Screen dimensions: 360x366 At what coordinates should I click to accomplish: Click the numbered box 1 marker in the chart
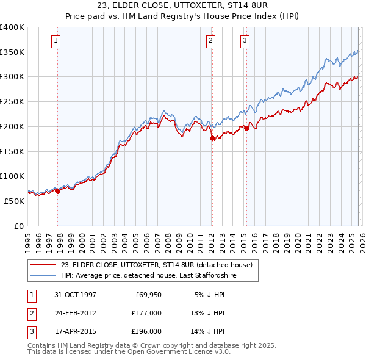(x=56, y=41)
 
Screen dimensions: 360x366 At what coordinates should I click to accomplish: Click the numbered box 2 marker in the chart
(x=210, y=41)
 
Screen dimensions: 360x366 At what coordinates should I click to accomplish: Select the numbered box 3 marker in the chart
(x=245, y=41)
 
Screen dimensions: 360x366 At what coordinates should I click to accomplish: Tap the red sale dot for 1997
(x=58, y=191)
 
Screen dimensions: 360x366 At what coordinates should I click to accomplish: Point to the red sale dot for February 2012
(x=212, y=139)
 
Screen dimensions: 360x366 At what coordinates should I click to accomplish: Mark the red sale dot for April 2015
(x=246, y=129)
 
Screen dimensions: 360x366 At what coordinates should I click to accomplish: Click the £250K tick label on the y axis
(x=12, y=102)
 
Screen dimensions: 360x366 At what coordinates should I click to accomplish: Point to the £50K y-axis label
(x=14, y=201)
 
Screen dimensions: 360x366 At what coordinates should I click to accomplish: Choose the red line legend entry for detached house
(x=160, y=264)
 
